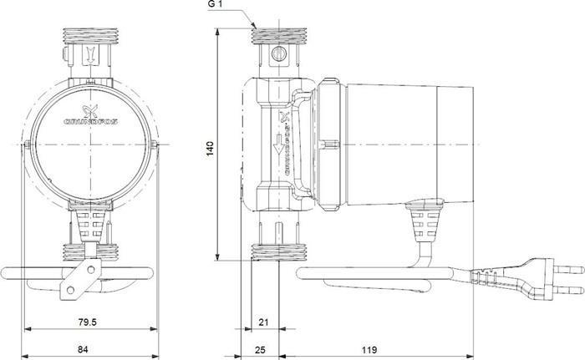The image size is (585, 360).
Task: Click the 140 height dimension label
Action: tap(211, 146)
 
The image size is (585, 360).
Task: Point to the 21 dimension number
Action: tap(262, 322)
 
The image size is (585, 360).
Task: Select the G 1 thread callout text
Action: tap(216, 6)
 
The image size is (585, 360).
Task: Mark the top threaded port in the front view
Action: tap(87, 38)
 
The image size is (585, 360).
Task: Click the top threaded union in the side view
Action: tap(282, 37)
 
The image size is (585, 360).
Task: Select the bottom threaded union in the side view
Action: tap(282, 251)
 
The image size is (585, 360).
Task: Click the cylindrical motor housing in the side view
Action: tap(393, 142)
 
